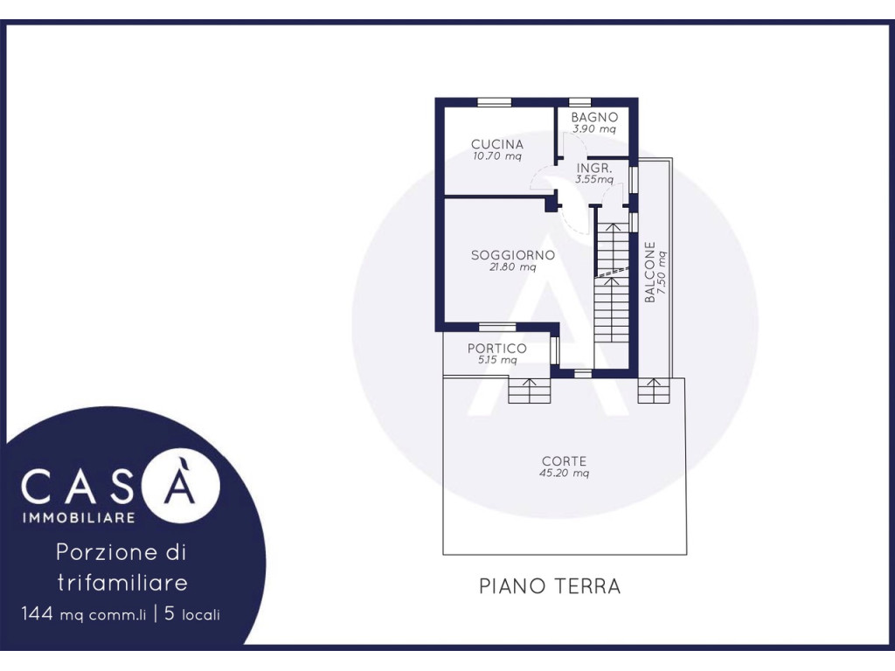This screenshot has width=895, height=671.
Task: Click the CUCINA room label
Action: (496, 144)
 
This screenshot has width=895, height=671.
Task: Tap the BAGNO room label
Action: (594, 117)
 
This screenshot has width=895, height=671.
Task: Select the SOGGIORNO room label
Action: (512, 255)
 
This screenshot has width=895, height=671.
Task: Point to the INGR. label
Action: (594, 169)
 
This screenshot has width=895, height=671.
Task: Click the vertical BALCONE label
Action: (649, 272)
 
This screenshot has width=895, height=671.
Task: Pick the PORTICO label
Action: (496, 348)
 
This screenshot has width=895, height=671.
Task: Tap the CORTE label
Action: (564, 461)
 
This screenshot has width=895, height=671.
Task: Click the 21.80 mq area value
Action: (512, 266)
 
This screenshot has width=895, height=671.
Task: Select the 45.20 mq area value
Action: (564, 473)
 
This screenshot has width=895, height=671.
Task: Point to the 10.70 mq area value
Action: (496, 156)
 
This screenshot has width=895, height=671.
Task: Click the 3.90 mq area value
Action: (594, 128)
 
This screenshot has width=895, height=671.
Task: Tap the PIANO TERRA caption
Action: (549, 586)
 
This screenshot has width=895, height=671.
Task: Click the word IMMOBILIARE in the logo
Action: (78, 517)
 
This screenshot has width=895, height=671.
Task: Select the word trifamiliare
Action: (122, 583)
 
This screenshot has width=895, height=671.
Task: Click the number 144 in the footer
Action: (37, 614)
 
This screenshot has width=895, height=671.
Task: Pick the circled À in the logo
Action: (180, 484)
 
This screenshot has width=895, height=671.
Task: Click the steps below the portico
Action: (530, 391)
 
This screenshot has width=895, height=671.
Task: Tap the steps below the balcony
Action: (654, 391)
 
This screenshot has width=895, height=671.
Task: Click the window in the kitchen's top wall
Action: (495, 102)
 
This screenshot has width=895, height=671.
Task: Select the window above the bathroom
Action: (580, 102)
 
